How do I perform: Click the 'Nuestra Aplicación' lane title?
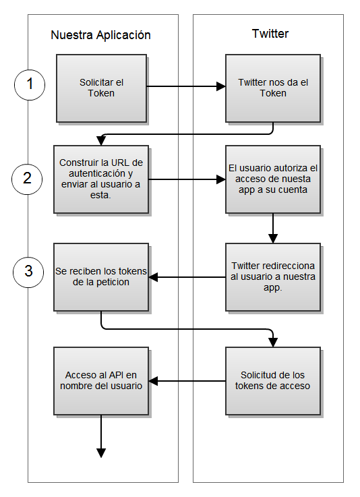tap(100, 35)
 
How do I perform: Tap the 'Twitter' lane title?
tap(270, 34)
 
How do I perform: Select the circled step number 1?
tap(30, 85)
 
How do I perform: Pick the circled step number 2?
tap(27, 179)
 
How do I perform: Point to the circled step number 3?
tap(28, 272)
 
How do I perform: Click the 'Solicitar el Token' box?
tap(101, 88)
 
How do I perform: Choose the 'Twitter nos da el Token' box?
tap(273, 88)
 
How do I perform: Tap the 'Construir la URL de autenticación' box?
tap(101, 179)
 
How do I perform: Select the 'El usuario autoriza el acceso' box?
tap(273, 179)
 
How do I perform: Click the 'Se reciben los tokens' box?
tap(101, 277)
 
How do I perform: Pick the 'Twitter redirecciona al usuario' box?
tap(273, 277)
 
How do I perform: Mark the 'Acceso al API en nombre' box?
tap(101, 381)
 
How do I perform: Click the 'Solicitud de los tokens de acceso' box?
tap(273, 381)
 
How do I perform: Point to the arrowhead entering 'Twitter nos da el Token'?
tap(221, 86)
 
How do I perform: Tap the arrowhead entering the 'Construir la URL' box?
tap(101, 141)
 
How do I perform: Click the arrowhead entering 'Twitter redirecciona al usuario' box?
tap(273, 239)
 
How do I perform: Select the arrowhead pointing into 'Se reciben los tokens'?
tap(153, 277)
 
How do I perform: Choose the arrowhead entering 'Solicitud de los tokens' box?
tap(273, 343)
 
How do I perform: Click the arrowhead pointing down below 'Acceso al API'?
tap(101, 453)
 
